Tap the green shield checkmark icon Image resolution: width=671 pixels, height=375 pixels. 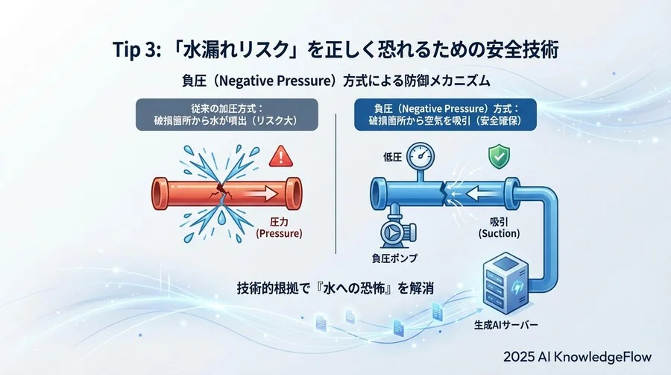pyautogui.click(x=498, y=158)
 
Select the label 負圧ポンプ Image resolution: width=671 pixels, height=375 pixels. pyautogui.click(x=394, y=258)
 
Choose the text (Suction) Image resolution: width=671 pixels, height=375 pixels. pyautogui.click(x=498, y=234)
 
